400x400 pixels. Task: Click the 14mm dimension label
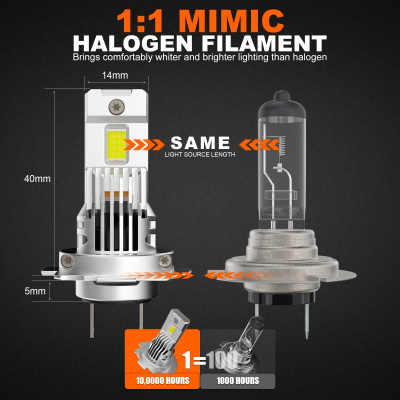pos(115,75)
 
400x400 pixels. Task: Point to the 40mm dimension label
pos(37,179)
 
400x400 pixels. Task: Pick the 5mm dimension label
pos(35,291)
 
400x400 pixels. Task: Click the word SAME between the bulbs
pos(200,142)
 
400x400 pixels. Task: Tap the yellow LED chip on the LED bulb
pos(116,144)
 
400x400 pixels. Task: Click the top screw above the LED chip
pos(116,107)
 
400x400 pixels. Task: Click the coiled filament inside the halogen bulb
pos(281,145)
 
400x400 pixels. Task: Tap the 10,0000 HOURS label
pos(162,380)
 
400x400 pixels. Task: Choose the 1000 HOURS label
pos(238,380)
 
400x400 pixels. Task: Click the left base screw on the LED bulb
pos(67,261)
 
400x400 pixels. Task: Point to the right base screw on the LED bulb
pos(165,260)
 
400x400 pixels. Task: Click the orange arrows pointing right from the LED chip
pos(144,144)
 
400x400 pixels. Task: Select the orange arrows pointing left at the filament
pos(259,144)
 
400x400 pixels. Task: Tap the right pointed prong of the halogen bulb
pos(307,321)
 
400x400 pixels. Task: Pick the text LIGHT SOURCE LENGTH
pos(200,154)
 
